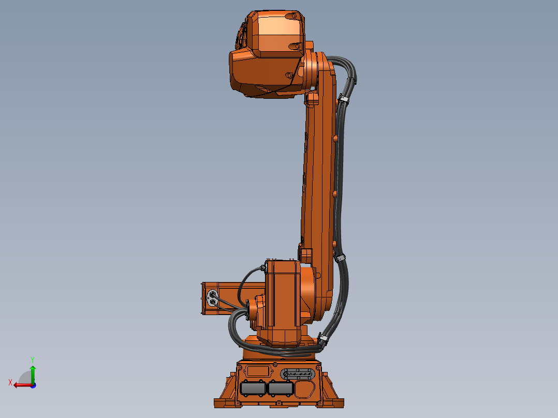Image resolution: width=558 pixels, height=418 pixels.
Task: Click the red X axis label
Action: tap(10, 382)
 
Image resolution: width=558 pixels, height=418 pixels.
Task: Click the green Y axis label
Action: tap(32, 359)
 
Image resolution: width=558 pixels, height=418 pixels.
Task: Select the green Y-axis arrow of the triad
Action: tap(32, 371)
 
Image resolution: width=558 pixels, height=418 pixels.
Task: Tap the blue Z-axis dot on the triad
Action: tap(33, 385)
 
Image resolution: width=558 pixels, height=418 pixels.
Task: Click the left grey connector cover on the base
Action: tap(253, 389)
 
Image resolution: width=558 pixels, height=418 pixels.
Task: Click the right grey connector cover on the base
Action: tap(280, 389)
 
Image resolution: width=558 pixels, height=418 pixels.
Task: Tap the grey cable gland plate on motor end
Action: tap(212, 297)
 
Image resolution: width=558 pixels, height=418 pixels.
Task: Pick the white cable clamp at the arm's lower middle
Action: tap(340, 257)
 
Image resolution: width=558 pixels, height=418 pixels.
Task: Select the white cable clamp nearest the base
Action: tap(324, 339)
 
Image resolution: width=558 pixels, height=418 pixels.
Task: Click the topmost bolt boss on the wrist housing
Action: tap(299, 46)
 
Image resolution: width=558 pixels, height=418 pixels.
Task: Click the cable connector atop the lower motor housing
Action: tap(265, 267)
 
